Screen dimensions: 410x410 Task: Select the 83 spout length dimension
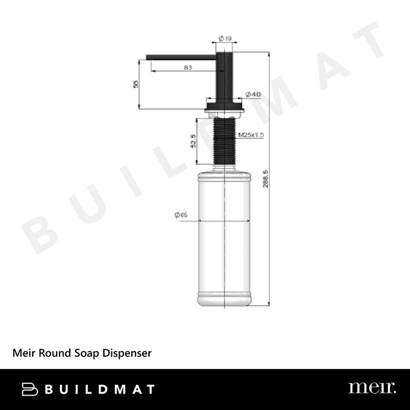[x=187, y=67]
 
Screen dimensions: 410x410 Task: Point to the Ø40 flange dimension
[x=253, y=94]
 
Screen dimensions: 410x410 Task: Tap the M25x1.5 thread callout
[x=251, y=136]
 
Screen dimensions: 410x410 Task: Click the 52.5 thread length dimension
[x=193, y=141]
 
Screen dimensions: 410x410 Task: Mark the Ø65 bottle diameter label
[x=181, y=215]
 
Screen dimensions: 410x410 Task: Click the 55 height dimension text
[x=136, y=83]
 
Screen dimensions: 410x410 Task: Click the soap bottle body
[x=225, y=239]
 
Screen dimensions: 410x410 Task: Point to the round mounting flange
[x=225, y=106]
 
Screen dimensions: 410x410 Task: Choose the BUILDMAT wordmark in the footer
[x=100, y=389]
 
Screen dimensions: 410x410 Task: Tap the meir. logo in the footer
[x=372, y=388]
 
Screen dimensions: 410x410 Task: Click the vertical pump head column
[x=225, y=75]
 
